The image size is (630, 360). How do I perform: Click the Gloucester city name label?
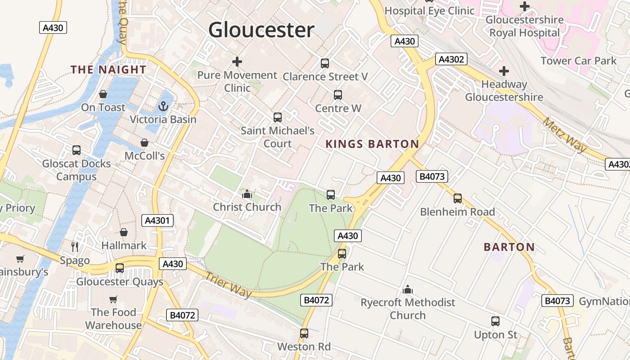coord(261,30)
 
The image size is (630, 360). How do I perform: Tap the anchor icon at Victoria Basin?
coord(163,106)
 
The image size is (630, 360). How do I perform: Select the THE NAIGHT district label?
coord(108,69)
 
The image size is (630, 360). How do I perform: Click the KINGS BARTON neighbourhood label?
coord(372,144)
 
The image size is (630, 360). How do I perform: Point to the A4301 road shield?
coord(157,220)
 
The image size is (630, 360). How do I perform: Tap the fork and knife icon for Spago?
coord(75,247)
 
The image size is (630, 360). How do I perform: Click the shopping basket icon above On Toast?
coord(103,94)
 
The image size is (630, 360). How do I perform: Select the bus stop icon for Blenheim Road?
coord(458,198)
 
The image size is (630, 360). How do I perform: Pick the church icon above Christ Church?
coord(247,194)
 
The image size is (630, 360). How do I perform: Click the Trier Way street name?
coord(229,284)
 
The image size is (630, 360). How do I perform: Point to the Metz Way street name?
coord(565,134)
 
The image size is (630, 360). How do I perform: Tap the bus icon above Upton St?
coord(495,321)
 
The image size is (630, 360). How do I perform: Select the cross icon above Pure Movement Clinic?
coord(237,62)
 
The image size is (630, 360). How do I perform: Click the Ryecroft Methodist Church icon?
coord(408,289)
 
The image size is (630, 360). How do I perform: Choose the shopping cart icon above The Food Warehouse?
coord(113,299)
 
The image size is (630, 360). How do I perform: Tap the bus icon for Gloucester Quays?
coord(120,268)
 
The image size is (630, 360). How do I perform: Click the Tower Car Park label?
coord(578,61)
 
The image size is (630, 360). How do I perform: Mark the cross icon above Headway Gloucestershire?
coord(504,71)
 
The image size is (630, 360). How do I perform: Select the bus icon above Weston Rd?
coord(304,333)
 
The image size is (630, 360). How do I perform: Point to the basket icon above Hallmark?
coord(124,232)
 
